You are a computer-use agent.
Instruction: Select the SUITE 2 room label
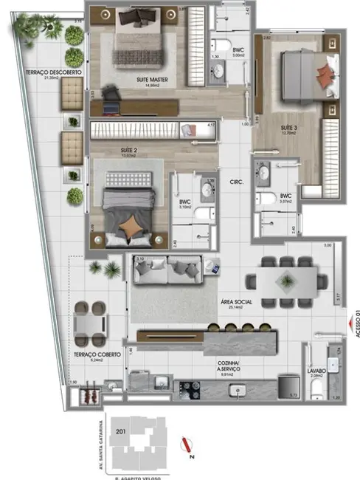click(130, 150)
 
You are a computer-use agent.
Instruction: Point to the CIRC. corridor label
click(237, 181)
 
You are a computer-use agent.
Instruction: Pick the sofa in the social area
click(167, 271)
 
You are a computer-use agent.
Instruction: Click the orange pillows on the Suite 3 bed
click(325, 72)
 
